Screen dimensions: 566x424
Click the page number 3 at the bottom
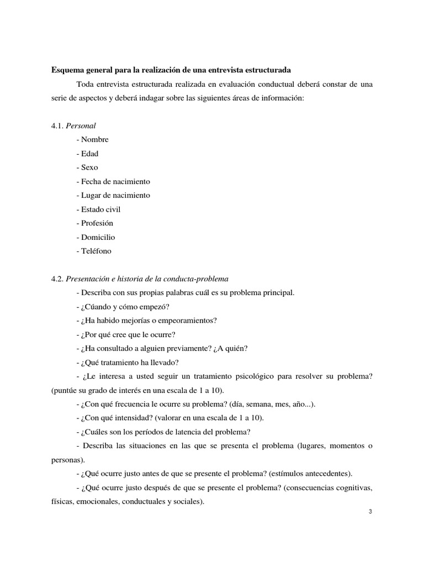370,511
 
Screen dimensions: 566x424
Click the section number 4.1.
57,125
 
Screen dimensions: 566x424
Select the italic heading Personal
81,125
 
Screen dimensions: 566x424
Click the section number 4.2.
57,279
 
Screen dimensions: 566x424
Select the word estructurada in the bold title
266,70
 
